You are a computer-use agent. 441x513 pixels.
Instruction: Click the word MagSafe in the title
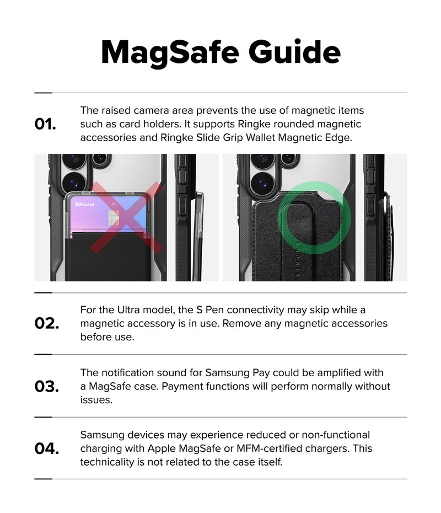coord(170,53)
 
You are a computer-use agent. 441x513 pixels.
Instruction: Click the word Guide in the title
coord(294,51)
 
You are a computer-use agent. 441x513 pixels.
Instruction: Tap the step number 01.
coord(45,124)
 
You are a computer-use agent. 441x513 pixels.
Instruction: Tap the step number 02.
coord(47,324)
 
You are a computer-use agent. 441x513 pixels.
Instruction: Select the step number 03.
coord(47,386)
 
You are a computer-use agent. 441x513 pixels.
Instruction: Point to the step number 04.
coord(47,448)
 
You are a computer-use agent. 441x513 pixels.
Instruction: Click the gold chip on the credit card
coord(113,218)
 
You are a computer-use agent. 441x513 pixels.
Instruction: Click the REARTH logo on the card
coord(84,205)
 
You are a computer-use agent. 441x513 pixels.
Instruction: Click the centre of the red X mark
coord(127,217)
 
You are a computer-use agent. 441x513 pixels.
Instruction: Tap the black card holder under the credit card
coord(108,257)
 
